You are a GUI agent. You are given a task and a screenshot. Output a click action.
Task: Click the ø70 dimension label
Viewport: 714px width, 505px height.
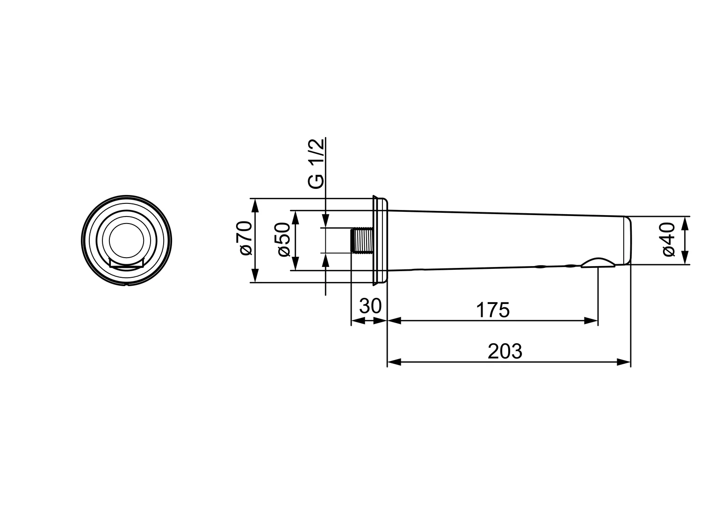(x=246, y=238)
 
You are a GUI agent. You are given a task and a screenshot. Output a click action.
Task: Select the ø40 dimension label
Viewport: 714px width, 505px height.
(x=669, y=240)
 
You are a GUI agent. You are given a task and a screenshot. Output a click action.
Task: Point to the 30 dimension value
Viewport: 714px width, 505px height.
(x=370, y=306)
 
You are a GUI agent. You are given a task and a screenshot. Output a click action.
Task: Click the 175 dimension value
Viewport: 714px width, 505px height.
(x=492, y=310)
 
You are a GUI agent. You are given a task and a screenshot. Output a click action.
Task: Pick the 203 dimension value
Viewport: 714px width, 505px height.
(x=505, y=351)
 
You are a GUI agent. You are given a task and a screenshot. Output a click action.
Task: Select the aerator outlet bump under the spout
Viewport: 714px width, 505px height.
(x=598, y=262)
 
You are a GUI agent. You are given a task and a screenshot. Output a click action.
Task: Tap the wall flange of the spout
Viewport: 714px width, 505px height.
(x=380, y=240)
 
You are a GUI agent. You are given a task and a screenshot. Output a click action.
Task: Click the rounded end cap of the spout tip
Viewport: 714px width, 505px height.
(x=628, y=240)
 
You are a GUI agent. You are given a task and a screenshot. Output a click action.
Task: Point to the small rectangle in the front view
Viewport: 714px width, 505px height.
(x=126, y=262)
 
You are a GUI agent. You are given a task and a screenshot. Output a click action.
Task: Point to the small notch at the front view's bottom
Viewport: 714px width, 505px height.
(x=127, y=283)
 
